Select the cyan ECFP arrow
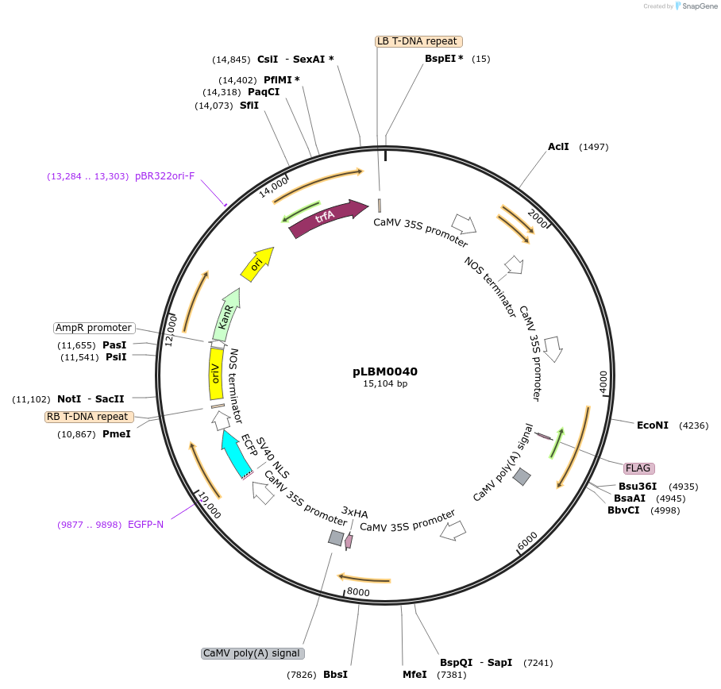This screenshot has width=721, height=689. (236, 454)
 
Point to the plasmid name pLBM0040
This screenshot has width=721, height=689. (385, 371)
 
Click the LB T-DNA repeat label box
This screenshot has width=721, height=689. (418, 41)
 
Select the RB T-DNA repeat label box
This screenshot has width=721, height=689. (89, 417)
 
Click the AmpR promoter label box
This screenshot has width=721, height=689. (94, 328)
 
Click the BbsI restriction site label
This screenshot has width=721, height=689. (335, 675)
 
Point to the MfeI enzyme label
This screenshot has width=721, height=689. (414, 675)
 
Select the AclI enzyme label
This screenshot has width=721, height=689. (558, 147)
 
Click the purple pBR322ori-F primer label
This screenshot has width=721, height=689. (164, 176)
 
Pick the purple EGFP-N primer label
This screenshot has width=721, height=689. (145, 525)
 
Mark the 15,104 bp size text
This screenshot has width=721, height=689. (385, 384)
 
